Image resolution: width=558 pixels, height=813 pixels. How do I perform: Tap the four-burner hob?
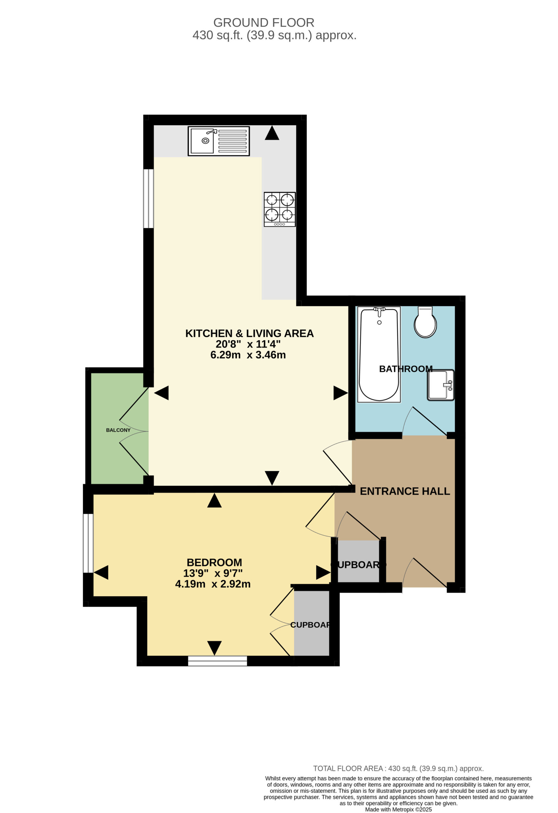279,209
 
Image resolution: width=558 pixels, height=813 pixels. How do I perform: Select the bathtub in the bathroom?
379,354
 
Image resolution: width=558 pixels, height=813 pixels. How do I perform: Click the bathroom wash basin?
440,385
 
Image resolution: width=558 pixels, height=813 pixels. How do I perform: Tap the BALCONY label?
118,430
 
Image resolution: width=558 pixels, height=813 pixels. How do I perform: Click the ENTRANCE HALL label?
405,491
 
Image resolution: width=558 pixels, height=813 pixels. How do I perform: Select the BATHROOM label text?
406,369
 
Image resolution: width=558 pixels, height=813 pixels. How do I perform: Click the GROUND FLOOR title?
264,23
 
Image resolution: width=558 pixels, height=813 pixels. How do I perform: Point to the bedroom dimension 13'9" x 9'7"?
213,573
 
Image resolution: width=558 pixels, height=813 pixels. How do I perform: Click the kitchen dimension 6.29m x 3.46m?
248,355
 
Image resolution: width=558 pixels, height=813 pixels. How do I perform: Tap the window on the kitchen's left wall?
149,199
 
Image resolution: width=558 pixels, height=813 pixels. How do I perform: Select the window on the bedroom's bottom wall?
218,661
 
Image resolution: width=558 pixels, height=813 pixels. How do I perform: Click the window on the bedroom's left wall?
88,543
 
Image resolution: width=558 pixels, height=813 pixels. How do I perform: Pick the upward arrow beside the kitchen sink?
272,133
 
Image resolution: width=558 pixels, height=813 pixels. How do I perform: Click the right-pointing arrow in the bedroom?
323,572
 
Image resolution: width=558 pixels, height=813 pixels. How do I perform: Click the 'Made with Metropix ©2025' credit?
399,809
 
